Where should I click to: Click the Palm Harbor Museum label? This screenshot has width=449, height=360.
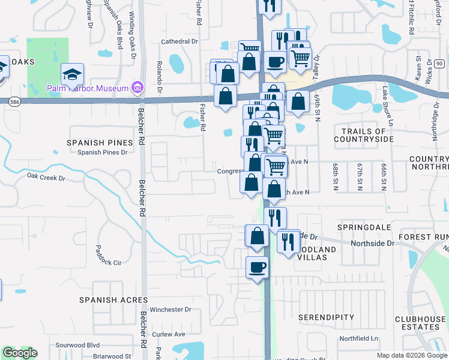[x=89, y=89]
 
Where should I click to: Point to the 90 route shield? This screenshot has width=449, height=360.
[x=439, y=64]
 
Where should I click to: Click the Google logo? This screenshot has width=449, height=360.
[x=20, y=353]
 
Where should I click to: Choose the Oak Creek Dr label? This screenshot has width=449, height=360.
[x=46, y=177]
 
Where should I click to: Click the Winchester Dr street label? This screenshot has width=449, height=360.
[x=170, y=310]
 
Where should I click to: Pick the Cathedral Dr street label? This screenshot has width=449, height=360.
[x=179, y=42]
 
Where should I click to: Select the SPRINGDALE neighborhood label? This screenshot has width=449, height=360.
[x=364, y=228]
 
